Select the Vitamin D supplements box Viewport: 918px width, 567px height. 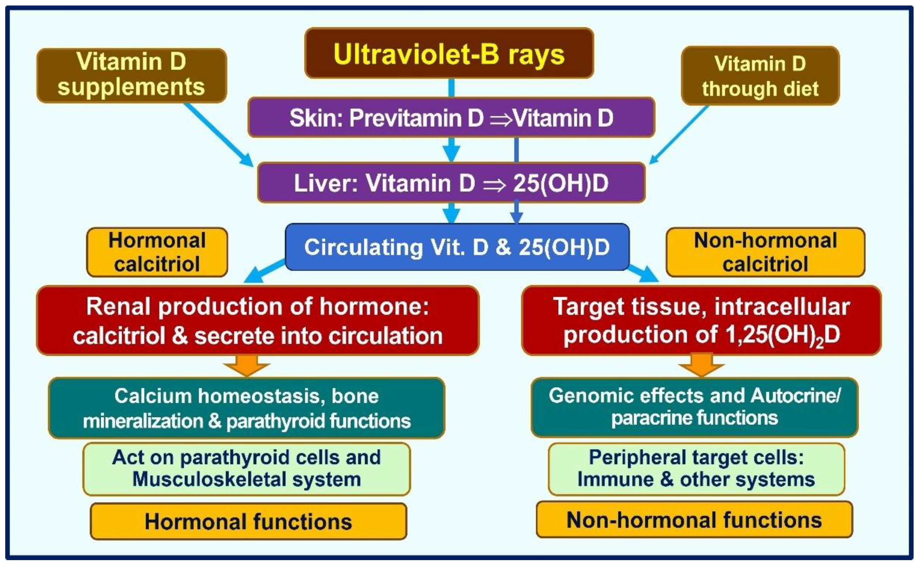[131, 75]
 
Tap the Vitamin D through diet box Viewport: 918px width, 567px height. [760, 76]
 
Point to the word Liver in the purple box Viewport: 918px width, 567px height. [325, 183]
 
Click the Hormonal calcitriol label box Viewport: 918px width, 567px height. [157, 252]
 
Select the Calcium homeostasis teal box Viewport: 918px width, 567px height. [247, 408]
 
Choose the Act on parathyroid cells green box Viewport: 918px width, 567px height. [247, 469]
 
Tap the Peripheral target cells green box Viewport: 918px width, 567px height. [696, 469]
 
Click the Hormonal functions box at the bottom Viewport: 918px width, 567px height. [248, 522]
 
